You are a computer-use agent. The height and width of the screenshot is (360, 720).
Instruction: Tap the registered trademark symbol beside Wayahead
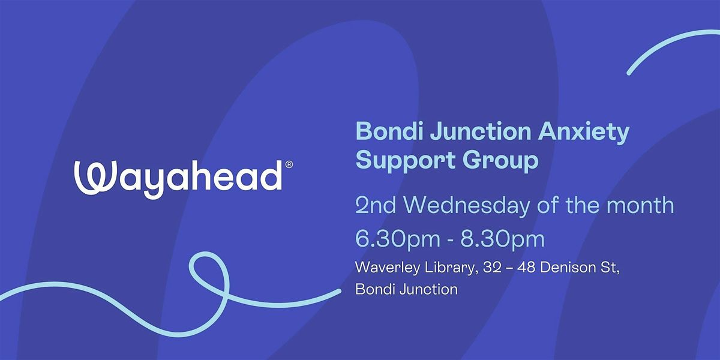tap(289, 164)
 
